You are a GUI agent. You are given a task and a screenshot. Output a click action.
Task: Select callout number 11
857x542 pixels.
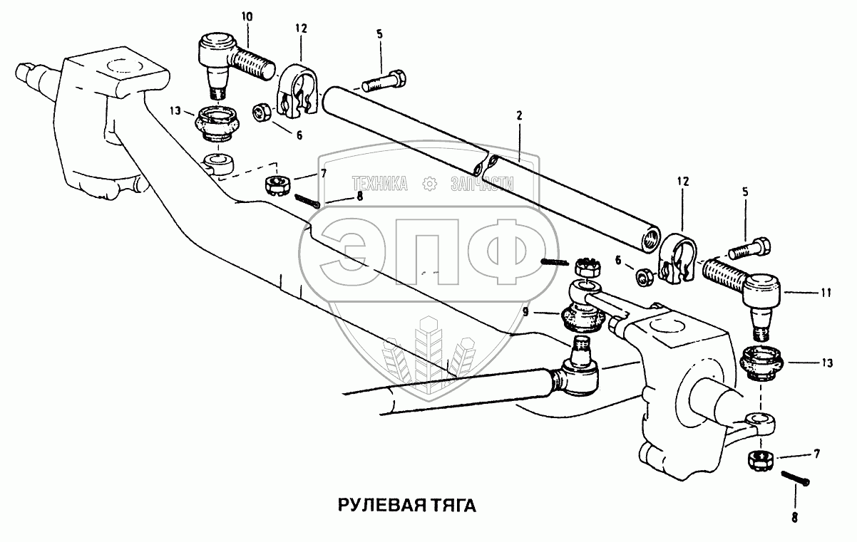(x=825, y=292)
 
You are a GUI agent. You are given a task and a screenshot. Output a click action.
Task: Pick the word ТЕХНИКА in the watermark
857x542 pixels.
(x=378, y=184)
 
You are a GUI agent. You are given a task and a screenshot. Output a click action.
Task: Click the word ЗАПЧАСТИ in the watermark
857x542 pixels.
(x=482, y=184)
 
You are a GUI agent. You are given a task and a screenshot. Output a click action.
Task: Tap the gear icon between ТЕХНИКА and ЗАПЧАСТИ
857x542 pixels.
(x=430, y=184)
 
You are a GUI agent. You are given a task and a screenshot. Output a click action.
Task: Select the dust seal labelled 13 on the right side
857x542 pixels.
(x=764, y=363)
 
